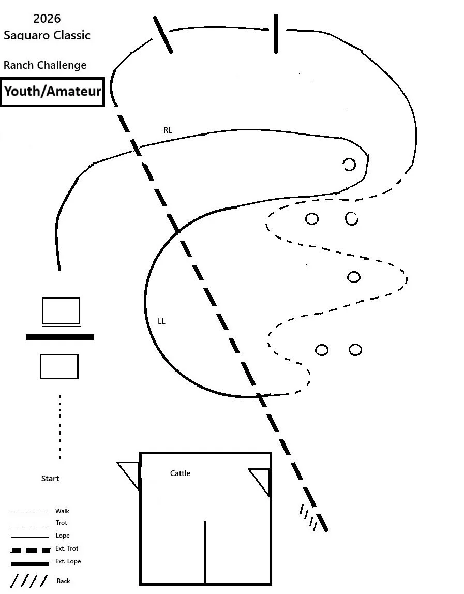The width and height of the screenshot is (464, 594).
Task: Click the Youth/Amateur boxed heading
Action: pyautogui.click(x=52, y=92)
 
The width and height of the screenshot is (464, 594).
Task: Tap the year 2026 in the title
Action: pyautogui.click(x=47, y=19)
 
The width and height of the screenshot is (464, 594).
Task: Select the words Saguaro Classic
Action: pyautogui.click(x=47, y=35)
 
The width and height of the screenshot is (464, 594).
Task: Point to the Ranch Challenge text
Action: pyautogui.click(x=45, y=65)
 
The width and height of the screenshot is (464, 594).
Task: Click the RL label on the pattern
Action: pyautogui.click(x=168, y=130)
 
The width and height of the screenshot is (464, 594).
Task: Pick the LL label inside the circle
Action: pyautogui.click(x=161, y=321)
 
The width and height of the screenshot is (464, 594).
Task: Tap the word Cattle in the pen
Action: pyautogui.click(x=180, y=473)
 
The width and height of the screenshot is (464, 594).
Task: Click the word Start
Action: pyautogui.click(x=50, y=479)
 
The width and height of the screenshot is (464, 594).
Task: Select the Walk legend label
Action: pyautogui.click(x=62, y=511)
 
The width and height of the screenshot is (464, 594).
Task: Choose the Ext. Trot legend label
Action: pyautogui.click(x=67, y=548)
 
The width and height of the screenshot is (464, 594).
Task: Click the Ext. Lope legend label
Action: pyautogui.click(x=68, y=561)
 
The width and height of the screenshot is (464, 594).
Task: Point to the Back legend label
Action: pyautogui.click(x=63, y=581)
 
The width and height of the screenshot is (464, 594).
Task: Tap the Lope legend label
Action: pyautogui.click(x=62, y=536)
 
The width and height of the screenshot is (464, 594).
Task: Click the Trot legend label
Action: pyautogui.click(x=61, y=523)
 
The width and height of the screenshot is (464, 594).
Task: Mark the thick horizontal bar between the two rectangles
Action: pyautogui.click(x=60, y=337)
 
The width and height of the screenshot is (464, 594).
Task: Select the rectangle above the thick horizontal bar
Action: pyautogui.click(x=61, y=310)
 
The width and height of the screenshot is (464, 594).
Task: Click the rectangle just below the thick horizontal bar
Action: pyautogui.click(x=59, y=366)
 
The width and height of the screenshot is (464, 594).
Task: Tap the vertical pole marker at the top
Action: pyautogui.click(x=276, y=34)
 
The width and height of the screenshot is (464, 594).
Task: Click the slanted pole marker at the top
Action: pyautogui.click(x=162, y=34)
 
